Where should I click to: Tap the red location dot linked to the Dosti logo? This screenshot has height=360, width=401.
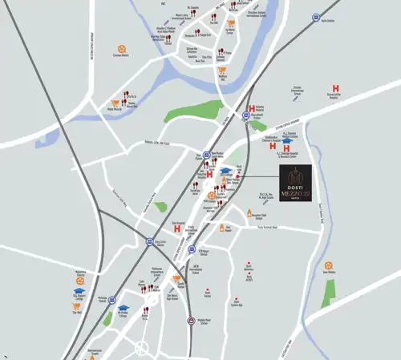238,176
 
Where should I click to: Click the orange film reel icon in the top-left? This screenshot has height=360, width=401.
121,49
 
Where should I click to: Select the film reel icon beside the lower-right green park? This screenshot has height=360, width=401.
327,265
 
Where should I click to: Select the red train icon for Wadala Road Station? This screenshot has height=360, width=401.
190,320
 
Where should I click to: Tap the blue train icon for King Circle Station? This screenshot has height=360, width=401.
149,241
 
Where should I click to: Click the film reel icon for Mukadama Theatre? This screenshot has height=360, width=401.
80,278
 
